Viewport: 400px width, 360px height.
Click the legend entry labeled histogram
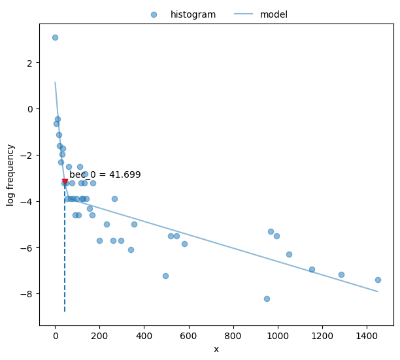[x=192, y=14]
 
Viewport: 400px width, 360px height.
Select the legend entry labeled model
[x=273, y=14]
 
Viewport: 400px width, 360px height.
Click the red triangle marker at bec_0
[x=65, y=182]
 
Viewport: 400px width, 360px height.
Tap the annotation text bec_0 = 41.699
[x=105, y=174]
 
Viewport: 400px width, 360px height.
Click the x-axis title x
[x=216, y=350]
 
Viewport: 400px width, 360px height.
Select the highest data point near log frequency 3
[x=55, y=37]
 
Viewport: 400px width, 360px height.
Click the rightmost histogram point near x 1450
[x=378, y=280]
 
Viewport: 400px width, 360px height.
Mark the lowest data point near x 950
[x=267, y=299]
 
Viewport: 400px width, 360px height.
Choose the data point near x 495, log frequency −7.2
[x=165, y=276]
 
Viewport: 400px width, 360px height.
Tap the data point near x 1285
[x=341, y=274]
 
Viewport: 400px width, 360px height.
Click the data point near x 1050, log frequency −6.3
[x=289, y=254]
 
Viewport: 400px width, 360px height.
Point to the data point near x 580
[x=184, y=244]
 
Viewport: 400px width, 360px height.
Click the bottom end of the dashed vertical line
[x=65, y=312]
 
